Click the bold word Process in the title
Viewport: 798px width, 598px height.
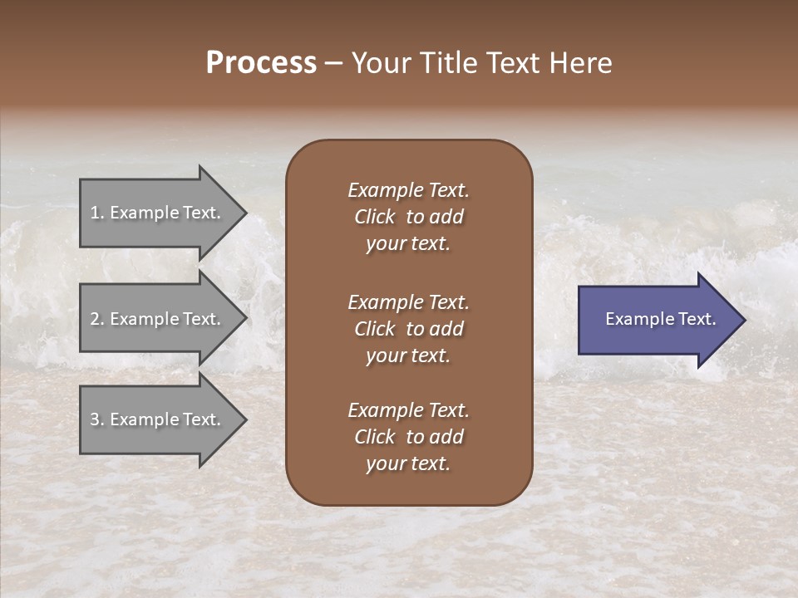[x=261, y=63]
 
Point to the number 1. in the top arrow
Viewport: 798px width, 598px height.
[x=97, y=213]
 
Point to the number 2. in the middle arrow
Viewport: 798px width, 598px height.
[x=97, y=319]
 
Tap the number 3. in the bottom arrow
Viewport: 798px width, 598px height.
[x=97, y=419]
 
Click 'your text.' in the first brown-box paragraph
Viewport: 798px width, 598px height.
[x=408, y=244]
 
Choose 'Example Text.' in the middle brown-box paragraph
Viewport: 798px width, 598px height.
[x=408, y=301]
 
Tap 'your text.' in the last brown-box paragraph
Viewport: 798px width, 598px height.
[x=408, y=464]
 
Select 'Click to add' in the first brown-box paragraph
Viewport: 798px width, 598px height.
[x=408, y=217]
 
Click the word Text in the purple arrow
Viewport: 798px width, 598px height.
[x=697, y=319]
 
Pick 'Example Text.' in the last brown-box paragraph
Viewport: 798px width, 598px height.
[x=408, y=410]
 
